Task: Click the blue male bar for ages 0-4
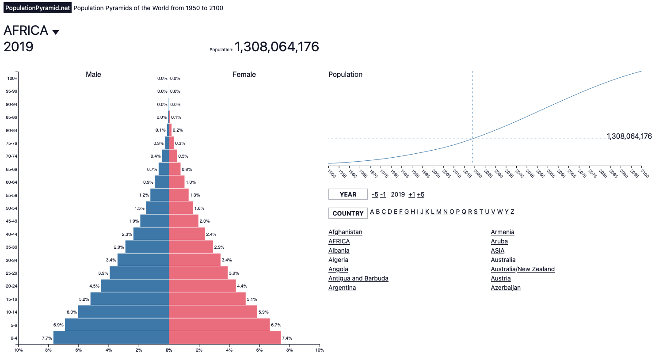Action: coord(111,338)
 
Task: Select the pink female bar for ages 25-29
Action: coord(198,273)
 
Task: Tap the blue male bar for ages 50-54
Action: coord(157,208)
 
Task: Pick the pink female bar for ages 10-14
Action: coord(213,312)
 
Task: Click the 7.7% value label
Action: coord(47,338)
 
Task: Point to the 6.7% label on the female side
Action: coord(276,325)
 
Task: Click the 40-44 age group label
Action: coord(11,235)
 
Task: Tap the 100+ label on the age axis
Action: coord(12,79)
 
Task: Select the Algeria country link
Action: coord(338,260)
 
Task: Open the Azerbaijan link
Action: coord(506,288)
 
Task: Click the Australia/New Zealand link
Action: coord(522,269)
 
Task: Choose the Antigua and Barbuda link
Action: coord(358,278)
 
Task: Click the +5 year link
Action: coord(420,194)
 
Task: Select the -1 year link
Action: coord(383,194)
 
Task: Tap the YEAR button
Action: coord(348,194)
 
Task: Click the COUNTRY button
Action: coord(348,213)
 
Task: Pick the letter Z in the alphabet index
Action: coord(512,212)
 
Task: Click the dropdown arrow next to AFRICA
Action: coord(56,32)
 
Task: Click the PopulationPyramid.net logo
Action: coord(38,8)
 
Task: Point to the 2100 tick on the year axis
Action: coord(644,173)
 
